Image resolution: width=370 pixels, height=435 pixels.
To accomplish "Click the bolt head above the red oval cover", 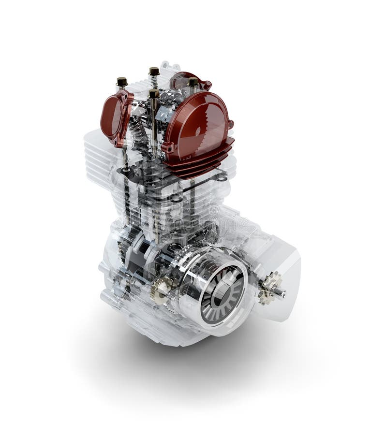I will click(122, 82).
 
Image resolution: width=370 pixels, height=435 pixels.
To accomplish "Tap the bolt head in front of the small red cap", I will click(193, 82).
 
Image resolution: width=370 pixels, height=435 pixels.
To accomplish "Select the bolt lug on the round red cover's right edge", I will click(231, 124).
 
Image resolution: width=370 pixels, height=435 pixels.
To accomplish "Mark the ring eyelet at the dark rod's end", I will click(222, 178).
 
